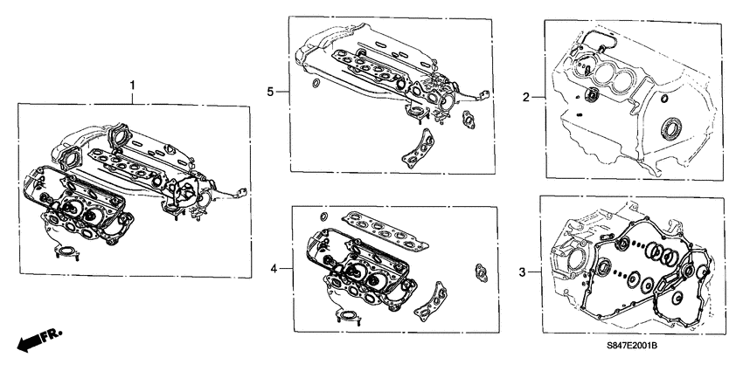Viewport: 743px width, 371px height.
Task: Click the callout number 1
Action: click(x=132, y=85)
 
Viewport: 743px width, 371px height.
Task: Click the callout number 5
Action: click(x=271, y=91)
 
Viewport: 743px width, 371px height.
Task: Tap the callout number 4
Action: click(x=274, y=270)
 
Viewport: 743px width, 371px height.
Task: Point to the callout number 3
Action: click(x=523, y=273)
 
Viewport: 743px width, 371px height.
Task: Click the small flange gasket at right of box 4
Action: click(x=480, y=271)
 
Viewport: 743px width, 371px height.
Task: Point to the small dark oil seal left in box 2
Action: click(x=591, y=94)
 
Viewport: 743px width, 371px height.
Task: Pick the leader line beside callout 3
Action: click(x=534, y=273)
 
